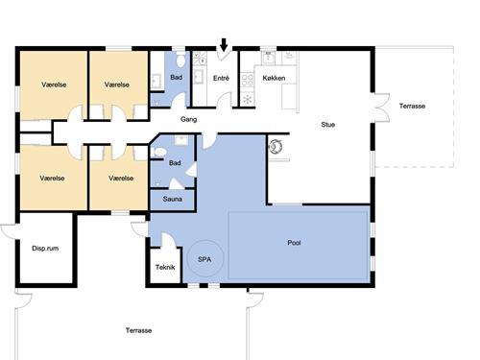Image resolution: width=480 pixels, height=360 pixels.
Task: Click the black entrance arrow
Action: pos(224,45)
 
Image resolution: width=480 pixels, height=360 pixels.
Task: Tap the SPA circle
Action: pos(188,258)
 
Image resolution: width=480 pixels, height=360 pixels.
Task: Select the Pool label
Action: pos(294,243)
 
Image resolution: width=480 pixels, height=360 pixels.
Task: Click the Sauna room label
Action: pos(173,199)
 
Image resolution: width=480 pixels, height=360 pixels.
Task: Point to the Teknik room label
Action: pos(165,267)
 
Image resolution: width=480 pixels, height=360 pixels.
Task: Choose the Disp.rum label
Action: pos(45,249)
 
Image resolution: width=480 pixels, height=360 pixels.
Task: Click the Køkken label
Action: pos(274,78)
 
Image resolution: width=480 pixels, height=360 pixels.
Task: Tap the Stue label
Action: pos(328,125)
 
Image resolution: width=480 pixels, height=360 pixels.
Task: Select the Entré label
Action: pos(221,78)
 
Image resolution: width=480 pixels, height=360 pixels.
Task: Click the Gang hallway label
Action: pos(188,119)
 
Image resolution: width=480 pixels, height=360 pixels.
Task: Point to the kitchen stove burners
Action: pos(247,80)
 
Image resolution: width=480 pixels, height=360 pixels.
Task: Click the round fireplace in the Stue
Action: pos(275,147)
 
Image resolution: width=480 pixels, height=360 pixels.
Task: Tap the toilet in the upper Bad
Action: pos(180,60)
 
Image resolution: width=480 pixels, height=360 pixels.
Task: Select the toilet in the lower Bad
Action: pos(159,152)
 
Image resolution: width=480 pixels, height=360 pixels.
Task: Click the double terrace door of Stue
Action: pos(381,108)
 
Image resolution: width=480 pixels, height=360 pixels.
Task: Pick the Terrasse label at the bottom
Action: pos(138,330)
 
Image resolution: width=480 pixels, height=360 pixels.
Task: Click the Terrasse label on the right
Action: pos(412,106)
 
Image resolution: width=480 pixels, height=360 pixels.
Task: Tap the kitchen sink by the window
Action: pos(268,58)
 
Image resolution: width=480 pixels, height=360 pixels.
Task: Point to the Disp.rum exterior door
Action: pos(10,231)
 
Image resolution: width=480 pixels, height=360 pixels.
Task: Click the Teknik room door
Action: pos(169,240)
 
